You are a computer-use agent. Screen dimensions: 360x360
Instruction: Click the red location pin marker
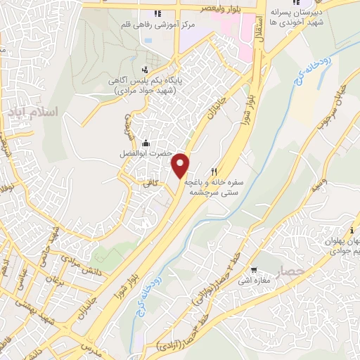[x=181, y=165]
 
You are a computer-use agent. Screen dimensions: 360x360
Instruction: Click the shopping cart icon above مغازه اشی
[x=254, y=269]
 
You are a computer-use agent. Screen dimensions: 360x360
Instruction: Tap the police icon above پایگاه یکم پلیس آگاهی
[x=145, y=69]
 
